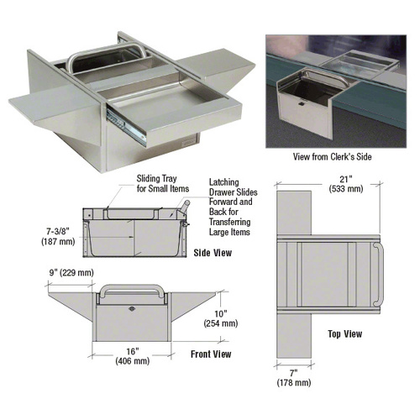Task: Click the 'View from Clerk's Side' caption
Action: click(333, 157)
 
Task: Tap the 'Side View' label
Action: click(213, 253)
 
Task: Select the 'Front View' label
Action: click(211, 354)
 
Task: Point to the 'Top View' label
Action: click(345, 333)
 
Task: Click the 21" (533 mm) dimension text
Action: click(346, 184)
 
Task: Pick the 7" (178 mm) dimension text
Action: click(294, 378)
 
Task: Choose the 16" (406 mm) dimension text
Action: click(133, 356)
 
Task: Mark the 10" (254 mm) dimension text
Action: click(221, 318)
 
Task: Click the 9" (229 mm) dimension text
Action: click(71, 273)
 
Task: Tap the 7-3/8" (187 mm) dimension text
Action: click(58, 237)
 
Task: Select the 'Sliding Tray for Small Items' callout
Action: click(163, 183)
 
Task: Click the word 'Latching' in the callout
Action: click(224, 182)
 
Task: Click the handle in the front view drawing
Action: click(132, 287)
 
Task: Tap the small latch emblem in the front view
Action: click(132, 309)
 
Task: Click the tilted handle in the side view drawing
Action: click(185, 207)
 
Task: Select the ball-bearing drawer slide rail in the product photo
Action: click(126, 126)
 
